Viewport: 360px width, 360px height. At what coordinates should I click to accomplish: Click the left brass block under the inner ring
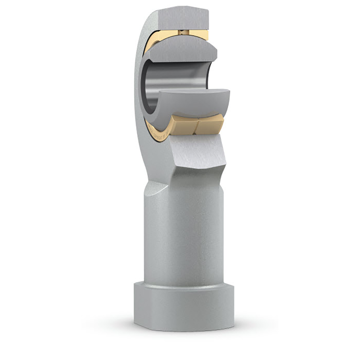pyautogui.click(x=182, y=123)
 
